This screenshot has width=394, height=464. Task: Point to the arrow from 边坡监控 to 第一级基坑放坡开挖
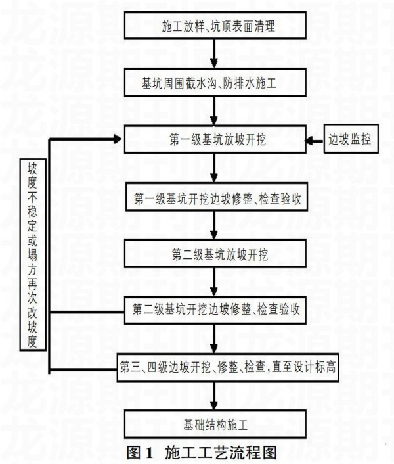coord(315,140)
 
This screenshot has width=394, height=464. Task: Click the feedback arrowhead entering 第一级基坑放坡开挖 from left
coord(119,138)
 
